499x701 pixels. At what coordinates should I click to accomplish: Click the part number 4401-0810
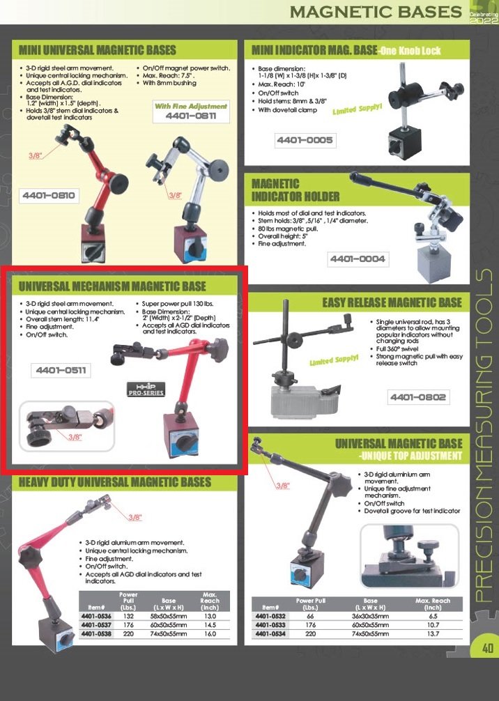tap(49, 195)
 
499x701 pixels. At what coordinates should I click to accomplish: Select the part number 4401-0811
tap(191, 116)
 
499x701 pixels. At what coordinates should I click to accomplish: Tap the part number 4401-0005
tap(305, 140)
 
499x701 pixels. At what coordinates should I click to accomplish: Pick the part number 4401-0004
tap(358, 259)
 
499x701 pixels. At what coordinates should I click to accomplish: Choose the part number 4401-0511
tap(61, 370)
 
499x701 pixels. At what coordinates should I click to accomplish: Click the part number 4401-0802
tap(418, 397)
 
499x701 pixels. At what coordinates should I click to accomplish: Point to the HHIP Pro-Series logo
tap(146, 389)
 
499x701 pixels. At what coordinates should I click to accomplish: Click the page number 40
tap(488, 648)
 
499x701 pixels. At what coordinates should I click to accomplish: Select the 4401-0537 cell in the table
tap(96, 625)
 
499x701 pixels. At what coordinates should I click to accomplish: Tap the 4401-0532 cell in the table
tap(270, 616)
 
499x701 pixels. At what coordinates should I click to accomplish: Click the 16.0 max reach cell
tap(210, 634)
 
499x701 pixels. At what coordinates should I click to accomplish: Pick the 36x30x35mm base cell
tap(370, 616)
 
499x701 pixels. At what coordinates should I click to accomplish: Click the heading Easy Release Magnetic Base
tap(392, 303)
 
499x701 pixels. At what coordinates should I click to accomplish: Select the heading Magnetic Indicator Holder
tap(295, 190)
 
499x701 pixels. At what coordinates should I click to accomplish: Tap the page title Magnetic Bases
tap(376, 12)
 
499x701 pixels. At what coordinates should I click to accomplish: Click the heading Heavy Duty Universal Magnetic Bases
tap(115, 482)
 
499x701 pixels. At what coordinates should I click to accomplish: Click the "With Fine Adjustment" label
tap(191, 107)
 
